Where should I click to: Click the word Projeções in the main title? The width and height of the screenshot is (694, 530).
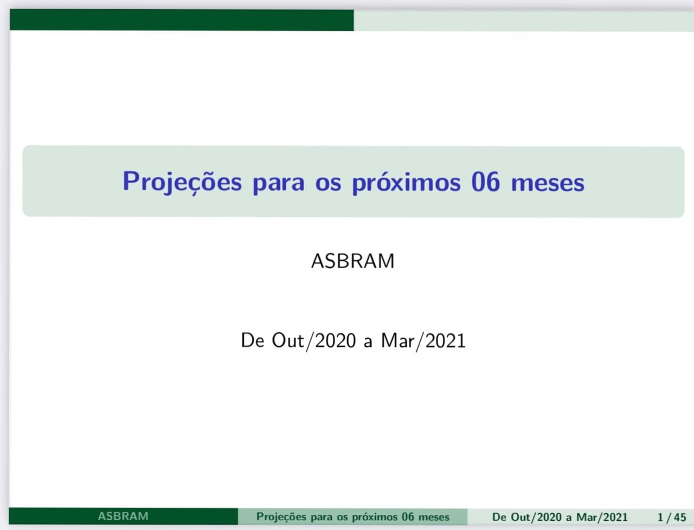[182, 182]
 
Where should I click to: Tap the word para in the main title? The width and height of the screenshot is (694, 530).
[279, 184]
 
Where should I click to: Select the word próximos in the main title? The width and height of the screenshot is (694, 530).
[406, 183]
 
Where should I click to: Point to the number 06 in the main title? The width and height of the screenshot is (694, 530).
[486, 182]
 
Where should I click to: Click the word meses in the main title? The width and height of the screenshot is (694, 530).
[548, 184]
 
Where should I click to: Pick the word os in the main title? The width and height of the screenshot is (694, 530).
[328, 184]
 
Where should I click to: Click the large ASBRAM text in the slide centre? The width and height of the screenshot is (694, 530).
[353, 261]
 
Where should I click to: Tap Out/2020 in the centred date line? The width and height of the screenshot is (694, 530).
[314, 341]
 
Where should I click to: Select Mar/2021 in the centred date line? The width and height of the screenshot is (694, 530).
[423, 341]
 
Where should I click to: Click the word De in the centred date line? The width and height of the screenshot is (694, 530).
[253, 340]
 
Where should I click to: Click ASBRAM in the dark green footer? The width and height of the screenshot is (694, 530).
[123, 516]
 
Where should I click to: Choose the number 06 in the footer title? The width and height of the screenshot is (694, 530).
[408, 517]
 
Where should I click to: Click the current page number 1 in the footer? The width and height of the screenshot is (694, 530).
[660, 518]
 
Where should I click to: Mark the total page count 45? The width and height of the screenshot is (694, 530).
[680, 518]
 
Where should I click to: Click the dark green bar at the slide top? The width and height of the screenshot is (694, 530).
[182, 20]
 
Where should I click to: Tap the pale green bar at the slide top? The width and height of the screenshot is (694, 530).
[524, 21]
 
